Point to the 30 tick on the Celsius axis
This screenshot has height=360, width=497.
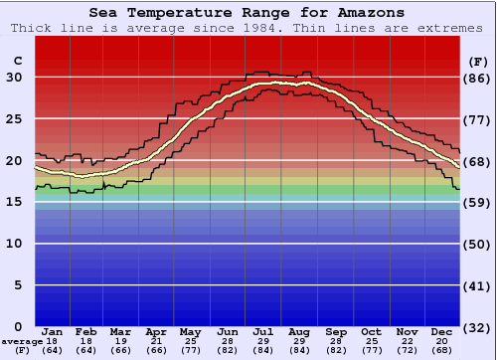(x=14, y=78)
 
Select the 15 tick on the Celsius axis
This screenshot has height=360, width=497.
(x=14, y=202)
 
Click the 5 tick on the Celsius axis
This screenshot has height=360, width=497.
(x=18, y=285)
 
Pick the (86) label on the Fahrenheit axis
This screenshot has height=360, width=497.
(x=477, y=78)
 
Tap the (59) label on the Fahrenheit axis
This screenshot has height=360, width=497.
(x=477, y=202)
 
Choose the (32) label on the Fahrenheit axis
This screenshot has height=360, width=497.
(x=477, y=327)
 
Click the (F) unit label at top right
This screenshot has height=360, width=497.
(x=477, y=62)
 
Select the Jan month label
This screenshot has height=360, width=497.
(x=53, y=331)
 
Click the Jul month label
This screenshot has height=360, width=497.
(x=263, y=331)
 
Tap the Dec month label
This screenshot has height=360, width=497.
(x=441, y=331)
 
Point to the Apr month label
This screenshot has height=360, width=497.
(x=157, y=331)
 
